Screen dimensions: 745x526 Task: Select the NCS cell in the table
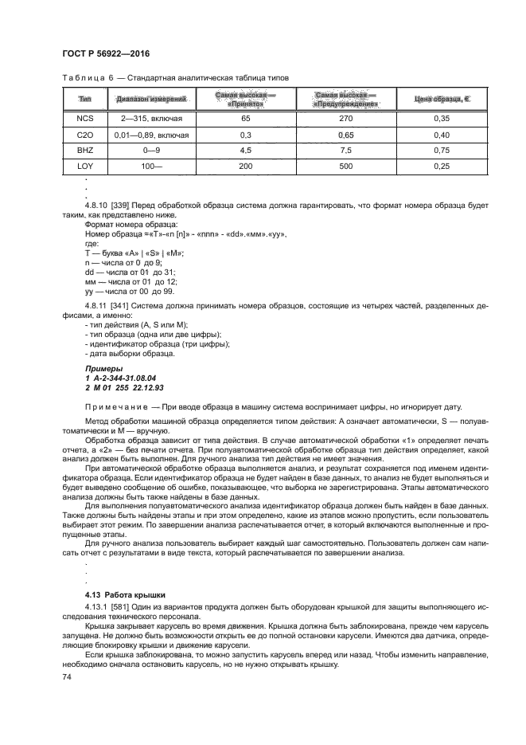pyautogui.click(x=85, y=118)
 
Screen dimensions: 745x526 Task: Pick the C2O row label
pyautogui.click(x=85, y=135)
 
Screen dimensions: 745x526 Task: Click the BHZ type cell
pyautogui.click(x=85, y=151)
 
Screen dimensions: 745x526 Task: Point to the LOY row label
pyautogui.click(x=85, y=166)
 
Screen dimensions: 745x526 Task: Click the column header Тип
pyautogui.click(x=85, y=99)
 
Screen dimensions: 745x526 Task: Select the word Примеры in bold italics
pyautogui.click(x=104, y=369)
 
